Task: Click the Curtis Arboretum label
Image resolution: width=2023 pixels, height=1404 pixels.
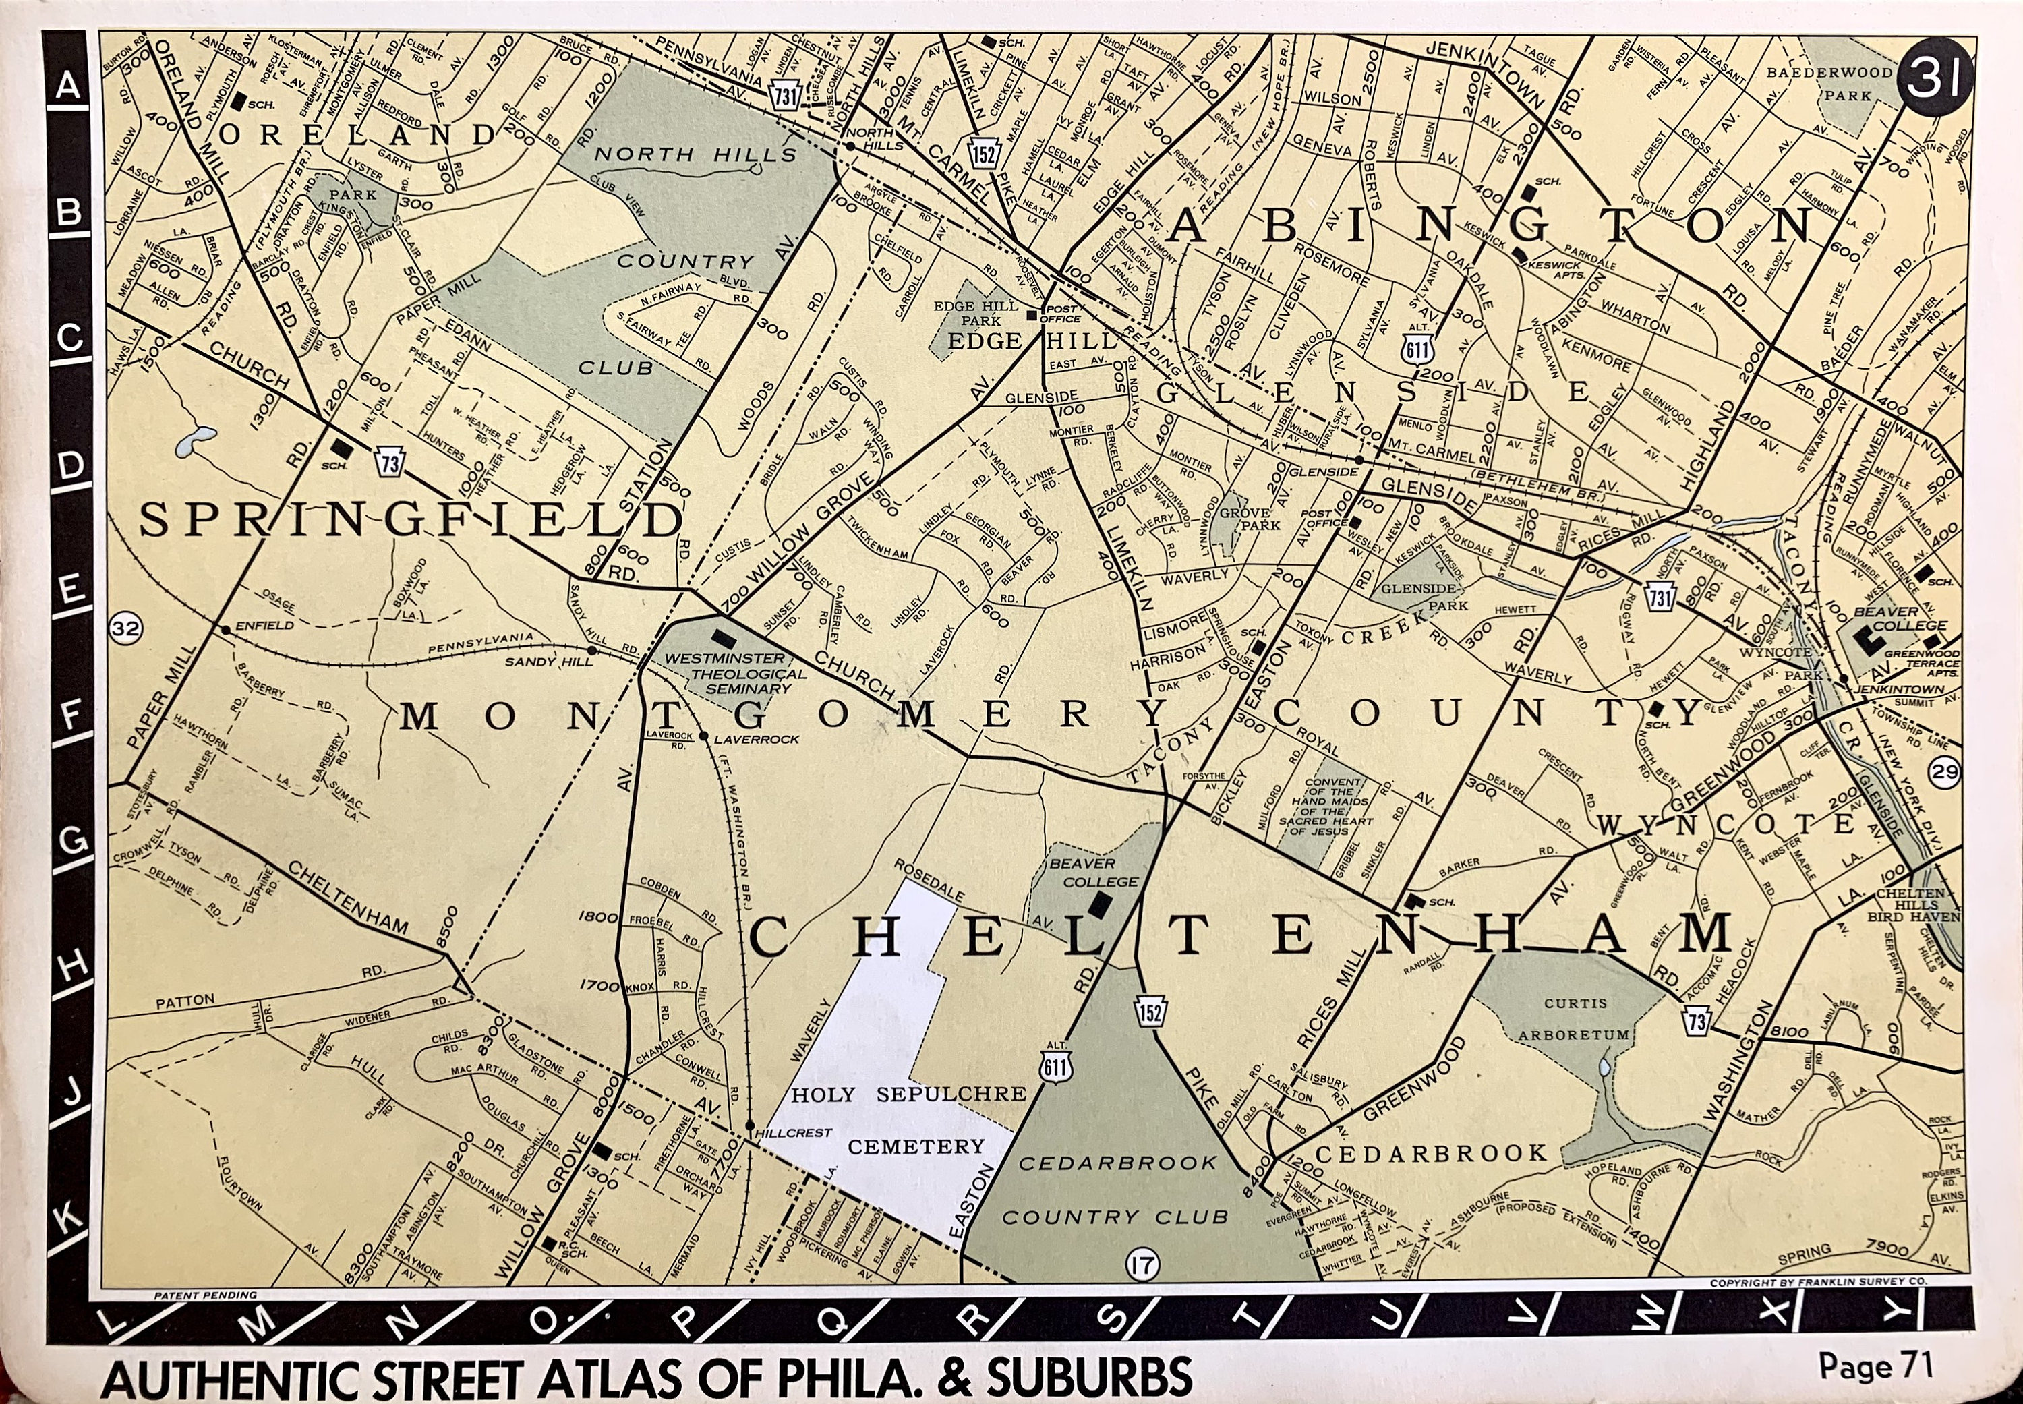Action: [1575, 1019]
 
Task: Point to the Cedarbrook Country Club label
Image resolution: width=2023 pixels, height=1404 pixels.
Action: [1115, 1190]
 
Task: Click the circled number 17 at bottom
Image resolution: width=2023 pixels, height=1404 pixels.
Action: [1142, 1266]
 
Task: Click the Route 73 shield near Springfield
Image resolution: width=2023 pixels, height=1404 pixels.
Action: [390, 461]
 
